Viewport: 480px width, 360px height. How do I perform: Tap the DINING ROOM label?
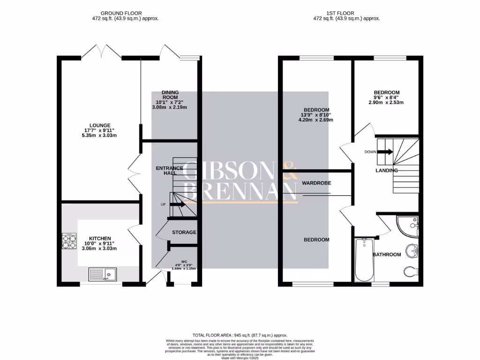(170, 95)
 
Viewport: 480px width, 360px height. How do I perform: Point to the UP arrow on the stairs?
(177, 204)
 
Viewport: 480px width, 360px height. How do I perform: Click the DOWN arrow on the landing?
(385, 152)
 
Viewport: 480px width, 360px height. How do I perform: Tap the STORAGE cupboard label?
(184, 232)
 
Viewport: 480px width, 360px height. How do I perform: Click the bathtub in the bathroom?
(364, 260)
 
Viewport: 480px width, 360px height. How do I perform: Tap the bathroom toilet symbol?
(410, 271)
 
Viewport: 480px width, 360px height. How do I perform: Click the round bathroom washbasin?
(412, 250)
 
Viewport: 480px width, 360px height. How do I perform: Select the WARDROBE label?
(316, 183)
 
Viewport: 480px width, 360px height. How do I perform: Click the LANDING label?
(387, 171)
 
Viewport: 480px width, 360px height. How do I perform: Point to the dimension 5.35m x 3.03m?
(98, 135)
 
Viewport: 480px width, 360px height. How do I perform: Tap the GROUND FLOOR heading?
(121, 13)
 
